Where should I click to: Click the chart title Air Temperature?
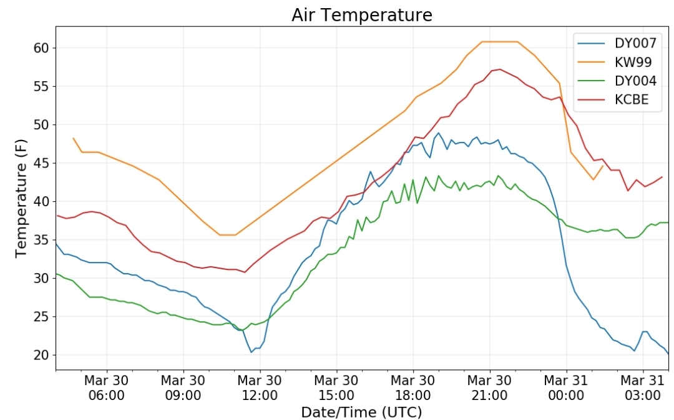click(x=361, y=14)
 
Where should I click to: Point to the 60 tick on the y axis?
click(x=41, y=48)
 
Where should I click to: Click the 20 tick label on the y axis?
click(x=41, y=355)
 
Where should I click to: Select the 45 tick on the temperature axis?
click(x=41, y=163)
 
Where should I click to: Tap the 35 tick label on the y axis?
click(x=41, y=240)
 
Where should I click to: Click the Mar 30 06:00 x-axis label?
click(x=107, y=387)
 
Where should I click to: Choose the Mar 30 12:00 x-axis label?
click(x=260, y=387)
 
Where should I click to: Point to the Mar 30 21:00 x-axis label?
click(x=489, y=387)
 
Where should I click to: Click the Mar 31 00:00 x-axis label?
click(x=566, y=387)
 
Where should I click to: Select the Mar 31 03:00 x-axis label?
click(x=643, y=387)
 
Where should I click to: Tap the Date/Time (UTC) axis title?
click(x=361, y=411)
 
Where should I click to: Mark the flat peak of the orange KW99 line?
click(x=499, y=42)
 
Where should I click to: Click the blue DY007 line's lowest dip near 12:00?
click(x=252, y=352)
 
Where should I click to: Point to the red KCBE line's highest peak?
click(x=499, y=69)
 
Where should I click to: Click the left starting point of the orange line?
click(x=74, y=138)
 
